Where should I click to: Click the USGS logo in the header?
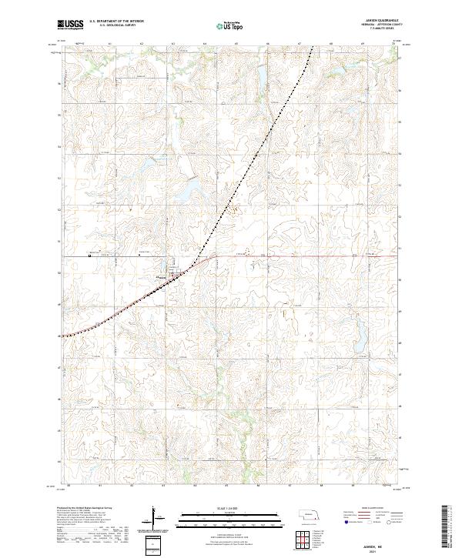click(x=71, y=25)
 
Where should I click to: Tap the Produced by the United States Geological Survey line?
click(x=91, y=510)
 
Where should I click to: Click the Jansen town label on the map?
click(x=163, y=276)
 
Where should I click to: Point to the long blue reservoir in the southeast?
click(x=358, y=332)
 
